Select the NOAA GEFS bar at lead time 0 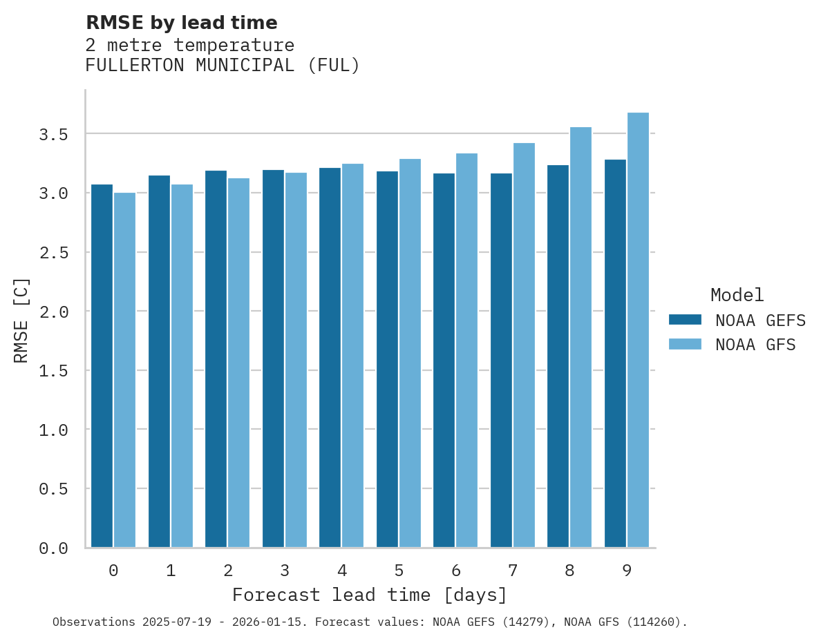tap(102, 366)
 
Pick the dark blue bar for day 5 tap(387, 359)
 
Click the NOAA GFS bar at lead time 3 tap(296, 360)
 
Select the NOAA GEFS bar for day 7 tap(501, 360)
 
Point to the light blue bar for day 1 tap(182, 366)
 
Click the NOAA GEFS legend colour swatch tap(685, 320)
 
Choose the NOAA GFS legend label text tap(755, 345)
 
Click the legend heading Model tap(737, 295)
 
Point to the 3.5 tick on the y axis tap(53, 134)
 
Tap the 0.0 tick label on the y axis tap(53, 548)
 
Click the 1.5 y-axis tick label tap(53, 371)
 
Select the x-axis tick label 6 tap(455, 571)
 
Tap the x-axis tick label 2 tap(227, 571)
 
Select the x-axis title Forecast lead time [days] tap(370, 595)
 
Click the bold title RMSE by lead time tap(181, 23)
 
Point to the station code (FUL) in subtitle tap(333, 66)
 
